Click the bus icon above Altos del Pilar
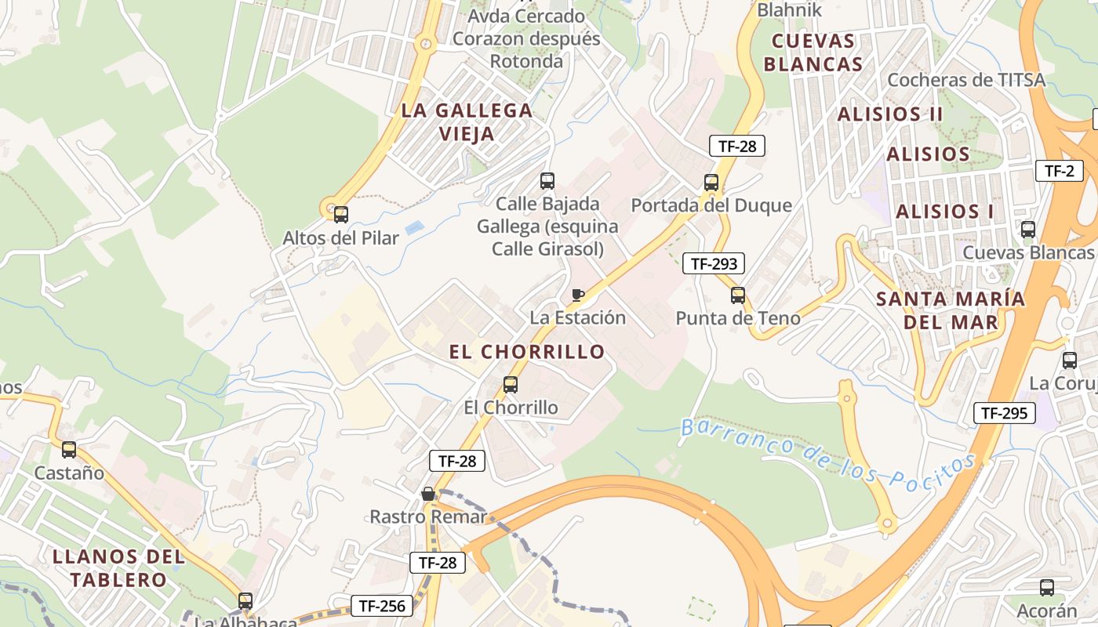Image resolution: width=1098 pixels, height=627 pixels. click(x=341, y=214)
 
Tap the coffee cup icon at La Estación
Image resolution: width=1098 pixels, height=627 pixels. click(x=577, y=295)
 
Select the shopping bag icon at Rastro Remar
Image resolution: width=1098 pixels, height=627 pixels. click(x=428, y=494)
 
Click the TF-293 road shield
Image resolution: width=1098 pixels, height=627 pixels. click(x=713, y=263)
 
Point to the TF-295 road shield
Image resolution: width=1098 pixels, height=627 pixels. click(x=1004, y=413)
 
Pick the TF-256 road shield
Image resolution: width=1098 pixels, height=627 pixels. click(x=381, y=606)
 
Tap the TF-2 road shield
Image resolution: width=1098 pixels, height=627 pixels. click(x=1059, y=171)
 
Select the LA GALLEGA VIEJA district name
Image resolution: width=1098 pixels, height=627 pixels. click(x=467, y=121)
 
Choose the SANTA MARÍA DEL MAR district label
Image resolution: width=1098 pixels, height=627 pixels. click(x=951, y=310)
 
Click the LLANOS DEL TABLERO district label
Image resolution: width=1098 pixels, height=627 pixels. click(x=118, y=568)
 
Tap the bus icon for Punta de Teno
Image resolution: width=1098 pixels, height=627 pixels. click(x=738, y=295)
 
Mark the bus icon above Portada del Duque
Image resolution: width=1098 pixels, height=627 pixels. click(x=711, y=183)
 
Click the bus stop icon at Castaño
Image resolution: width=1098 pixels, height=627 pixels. click(x=69, y=450)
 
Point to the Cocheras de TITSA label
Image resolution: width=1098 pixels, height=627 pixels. click(x=966, y=80)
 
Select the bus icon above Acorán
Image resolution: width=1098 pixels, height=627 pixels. click(x=1047, y=588)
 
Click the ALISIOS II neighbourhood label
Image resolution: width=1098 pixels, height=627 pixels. click(x=890, y=114)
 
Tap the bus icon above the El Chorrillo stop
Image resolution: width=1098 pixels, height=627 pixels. click(x=511, y=385)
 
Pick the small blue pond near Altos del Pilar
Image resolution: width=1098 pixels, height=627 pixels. click(x=415, y=227)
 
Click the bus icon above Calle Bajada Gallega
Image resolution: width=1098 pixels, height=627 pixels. click(x=547, y=181)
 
